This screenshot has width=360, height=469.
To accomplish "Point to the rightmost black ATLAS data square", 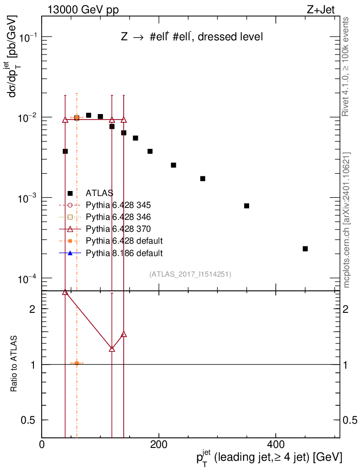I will click(305, 249).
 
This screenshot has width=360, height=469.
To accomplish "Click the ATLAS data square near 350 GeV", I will click(246, 206).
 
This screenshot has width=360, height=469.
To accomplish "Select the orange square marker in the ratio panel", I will click(76, 363).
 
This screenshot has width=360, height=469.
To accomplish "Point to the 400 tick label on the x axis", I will click(275, 445).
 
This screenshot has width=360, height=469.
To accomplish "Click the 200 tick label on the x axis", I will click(158, 445).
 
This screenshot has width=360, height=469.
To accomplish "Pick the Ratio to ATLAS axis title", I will click(14, 364).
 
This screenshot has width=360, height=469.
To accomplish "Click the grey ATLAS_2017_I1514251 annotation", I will click(190, 274).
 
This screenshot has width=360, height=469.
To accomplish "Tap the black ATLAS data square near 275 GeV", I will click(202, 179).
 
